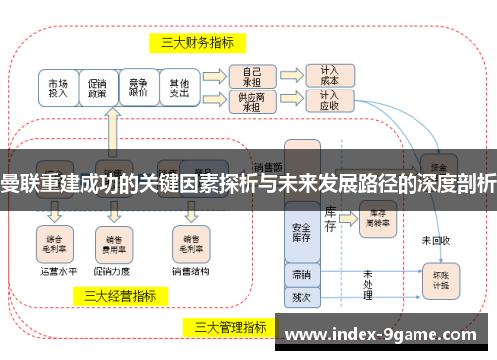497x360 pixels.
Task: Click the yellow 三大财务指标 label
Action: click(198, 42)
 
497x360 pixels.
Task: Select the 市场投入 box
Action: click(59, 88)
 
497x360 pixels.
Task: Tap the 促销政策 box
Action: click(97, 88)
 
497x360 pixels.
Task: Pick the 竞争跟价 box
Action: click(138, 88)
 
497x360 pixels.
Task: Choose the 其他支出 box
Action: click(179, 88)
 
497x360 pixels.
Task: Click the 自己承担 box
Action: click(252, 76)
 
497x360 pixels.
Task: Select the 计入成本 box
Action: click(329, 76)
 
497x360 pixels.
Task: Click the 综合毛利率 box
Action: click(55, 239)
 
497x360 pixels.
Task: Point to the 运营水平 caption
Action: click(56, 270)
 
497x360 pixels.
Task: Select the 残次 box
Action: click(301, 295)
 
